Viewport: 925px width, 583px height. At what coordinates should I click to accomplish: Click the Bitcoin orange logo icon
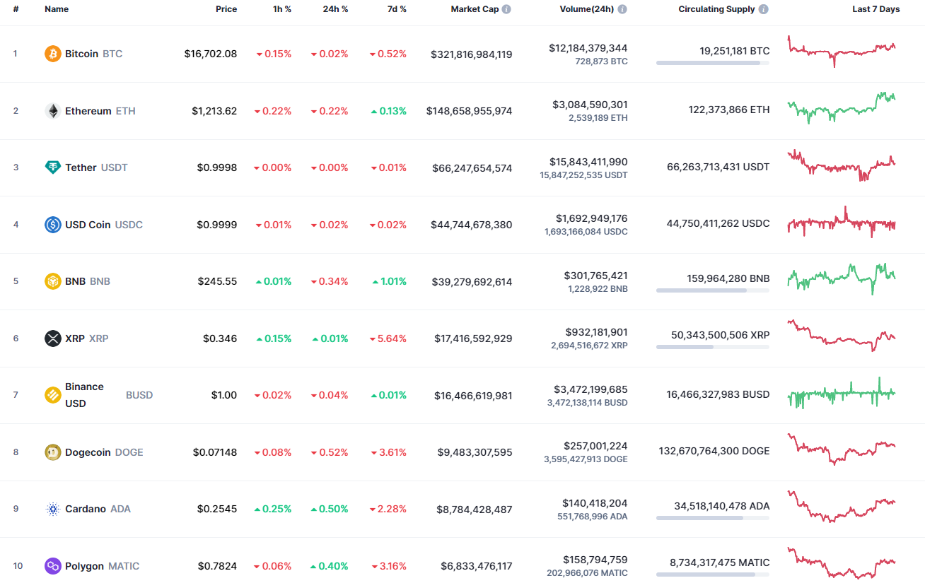click(53, 54)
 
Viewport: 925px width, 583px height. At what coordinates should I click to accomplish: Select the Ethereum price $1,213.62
click(214, 111)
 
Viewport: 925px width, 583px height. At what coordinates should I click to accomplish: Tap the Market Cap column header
click(475, 9)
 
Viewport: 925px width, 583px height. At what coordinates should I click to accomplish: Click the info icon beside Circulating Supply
click(764, 9)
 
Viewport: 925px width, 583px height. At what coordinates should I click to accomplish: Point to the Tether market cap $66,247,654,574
click(471, 168)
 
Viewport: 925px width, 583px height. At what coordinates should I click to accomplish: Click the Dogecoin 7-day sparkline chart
click(842, 449)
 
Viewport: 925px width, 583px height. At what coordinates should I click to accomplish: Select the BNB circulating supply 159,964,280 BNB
click(728, 278)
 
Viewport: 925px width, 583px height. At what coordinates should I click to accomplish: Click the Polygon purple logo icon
click(53, 566)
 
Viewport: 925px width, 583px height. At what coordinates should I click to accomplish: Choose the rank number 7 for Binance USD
click(16, 395)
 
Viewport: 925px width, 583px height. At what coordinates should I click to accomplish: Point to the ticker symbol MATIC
click(124, 566)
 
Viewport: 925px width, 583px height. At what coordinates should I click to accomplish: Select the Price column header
click(226, 9)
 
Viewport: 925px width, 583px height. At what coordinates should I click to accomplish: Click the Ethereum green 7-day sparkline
click(842, 107)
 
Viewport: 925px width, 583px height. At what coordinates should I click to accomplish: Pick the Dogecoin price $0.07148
click(215, 452)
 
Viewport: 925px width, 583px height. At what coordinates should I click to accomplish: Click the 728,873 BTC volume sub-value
click(599, 61)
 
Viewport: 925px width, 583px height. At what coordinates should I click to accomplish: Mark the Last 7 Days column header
click(875, 9)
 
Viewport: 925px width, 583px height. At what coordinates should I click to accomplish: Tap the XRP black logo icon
click(53, 338)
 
